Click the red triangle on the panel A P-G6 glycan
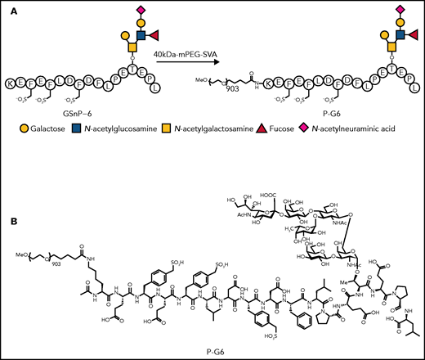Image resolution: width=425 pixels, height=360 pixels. click(405, 35)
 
